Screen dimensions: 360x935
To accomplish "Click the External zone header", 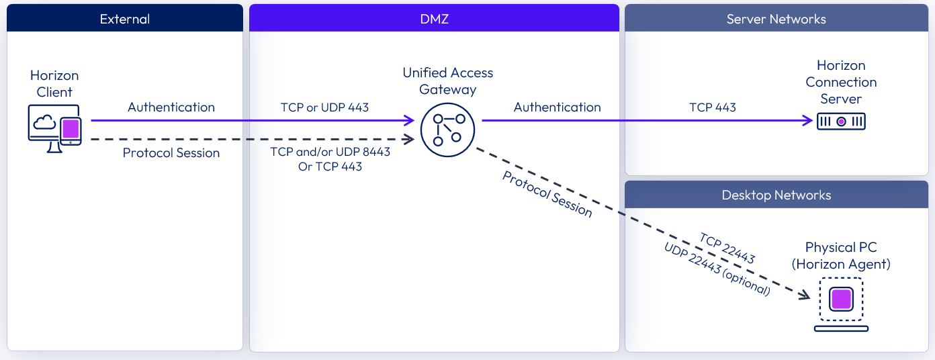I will pos(124,19).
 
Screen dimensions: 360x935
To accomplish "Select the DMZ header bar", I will pos(434,19).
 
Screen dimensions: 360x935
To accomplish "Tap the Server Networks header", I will pos(776,19).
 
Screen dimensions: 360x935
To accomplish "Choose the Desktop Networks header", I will pos(776,195).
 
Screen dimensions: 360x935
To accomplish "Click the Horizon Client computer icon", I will pos(55,128).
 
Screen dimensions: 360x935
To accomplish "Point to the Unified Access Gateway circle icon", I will pos(447,129).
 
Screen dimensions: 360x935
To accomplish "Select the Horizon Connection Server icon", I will pos(841,122).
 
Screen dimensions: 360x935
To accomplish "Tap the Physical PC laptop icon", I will pos(841,304).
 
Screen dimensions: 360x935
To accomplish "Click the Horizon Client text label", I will pos(54,84).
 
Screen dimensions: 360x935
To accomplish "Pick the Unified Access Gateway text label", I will pos(447,81).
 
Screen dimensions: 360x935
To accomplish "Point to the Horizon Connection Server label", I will pos(841,82).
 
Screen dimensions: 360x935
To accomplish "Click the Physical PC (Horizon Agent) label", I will pos(841,256).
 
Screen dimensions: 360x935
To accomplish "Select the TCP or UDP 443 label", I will pos(324,107).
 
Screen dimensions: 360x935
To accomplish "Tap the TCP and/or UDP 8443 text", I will pos(330,152).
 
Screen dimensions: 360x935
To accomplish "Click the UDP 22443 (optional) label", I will pos(717,269).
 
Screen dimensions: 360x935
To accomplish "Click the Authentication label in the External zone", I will pos(171,107).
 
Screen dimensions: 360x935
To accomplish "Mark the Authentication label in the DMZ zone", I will pos(557,107).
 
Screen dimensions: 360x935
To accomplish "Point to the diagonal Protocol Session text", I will pos(547,194).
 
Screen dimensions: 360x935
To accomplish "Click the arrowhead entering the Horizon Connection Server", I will pos(808,121).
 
